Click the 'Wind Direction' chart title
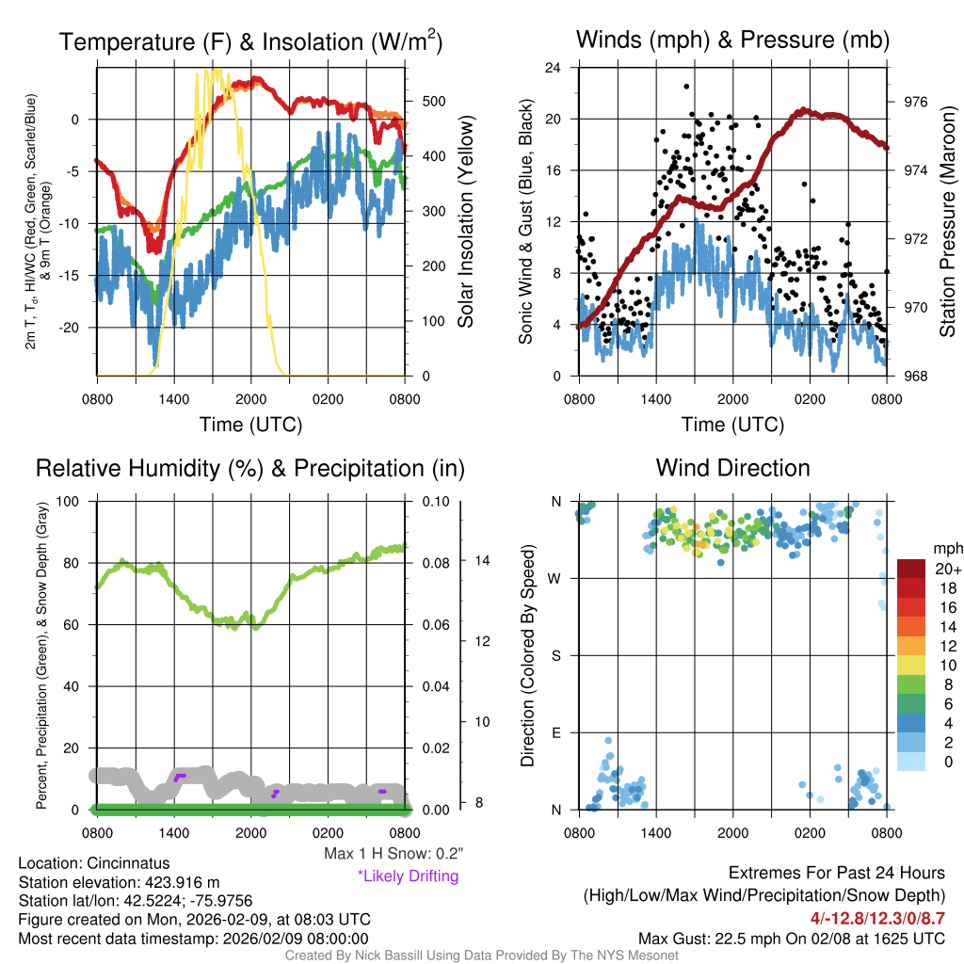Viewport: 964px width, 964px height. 732,468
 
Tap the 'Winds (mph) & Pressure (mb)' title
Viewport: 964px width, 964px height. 732,40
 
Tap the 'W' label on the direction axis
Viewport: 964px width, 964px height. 556,578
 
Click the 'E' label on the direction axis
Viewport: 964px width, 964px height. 556,732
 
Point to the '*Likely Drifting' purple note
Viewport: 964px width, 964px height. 408,876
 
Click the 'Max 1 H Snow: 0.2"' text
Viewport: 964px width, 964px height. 393,854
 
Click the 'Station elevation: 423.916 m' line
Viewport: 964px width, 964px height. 119,882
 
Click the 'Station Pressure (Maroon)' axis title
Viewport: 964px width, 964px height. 948,221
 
